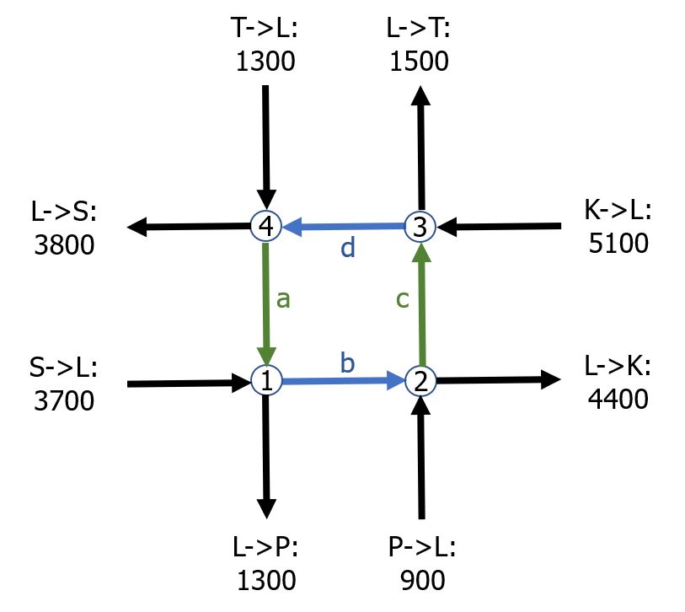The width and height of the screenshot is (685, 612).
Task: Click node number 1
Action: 265,382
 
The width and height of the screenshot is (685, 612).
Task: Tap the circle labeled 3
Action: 419,226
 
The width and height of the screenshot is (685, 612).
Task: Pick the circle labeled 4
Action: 265,226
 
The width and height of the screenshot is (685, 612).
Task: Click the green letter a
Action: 283,299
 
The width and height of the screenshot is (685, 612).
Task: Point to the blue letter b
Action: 347,363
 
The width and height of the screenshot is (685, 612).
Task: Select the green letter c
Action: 403,299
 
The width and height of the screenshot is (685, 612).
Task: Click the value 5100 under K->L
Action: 616,244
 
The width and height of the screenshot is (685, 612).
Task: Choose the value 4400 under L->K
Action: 616,398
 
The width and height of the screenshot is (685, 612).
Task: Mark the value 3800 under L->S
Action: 62,244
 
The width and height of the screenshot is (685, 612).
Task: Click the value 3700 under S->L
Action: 62,399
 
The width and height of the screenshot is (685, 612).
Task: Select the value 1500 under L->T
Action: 419,62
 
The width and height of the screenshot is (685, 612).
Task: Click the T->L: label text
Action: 265,31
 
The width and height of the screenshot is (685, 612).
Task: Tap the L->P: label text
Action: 265,550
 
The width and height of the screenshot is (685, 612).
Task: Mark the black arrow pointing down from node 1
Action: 265,455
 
